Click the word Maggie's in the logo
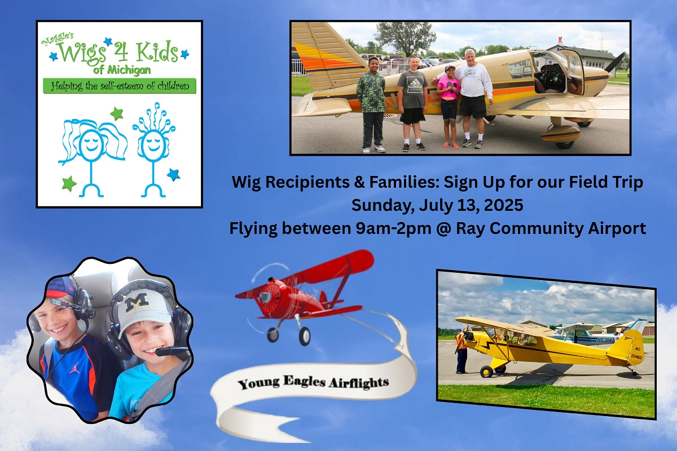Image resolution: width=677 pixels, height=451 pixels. (57, 39)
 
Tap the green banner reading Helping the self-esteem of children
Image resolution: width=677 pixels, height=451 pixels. (120, 86)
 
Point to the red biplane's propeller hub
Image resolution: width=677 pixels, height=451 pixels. (266, 295)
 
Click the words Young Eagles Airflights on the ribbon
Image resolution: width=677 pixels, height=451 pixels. (313, 383)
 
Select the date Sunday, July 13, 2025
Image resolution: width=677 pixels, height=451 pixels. (437, 205)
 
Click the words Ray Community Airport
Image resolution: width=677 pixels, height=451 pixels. (551, 229)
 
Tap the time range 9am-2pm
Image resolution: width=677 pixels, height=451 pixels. (393, 229)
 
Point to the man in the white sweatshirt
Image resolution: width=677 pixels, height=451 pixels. (472, 98)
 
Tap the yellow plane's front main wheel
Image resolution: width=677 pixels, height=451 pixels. (486, 372)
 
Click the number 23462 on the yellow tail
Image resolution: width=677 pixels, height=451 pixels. (636, 356)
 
